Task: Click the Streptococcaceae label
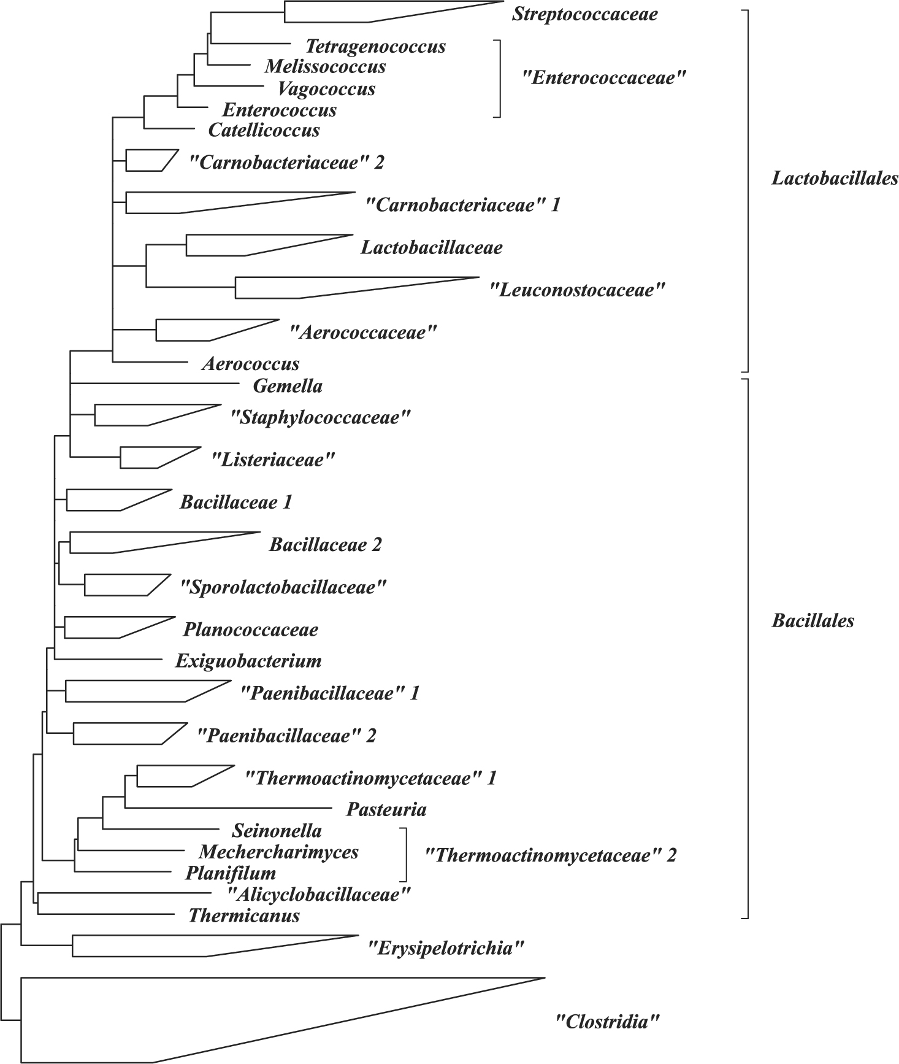[584, 14]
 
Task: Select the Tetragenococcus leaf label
[375, 46]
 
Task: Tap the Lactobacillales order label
[835, 179]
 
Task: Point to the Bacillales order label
[813, 620]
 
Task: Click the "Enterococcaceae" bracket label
[603, 78]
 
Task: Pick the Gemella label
[287, 386]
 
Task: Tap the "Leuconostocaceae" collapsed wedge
[319, 287]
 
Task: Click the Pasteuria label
[386, 809]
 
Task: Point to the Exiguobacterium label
[248, 661]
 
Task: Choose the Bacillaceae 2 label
[325, 544]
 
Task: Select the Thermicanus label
[244, 916]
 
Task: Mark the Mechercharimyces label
[278, 852]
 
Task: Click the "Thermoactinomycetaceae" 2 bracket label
[551, 855]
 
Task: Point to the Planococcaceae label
[251, 630]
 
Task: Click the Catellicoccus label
[264, 130]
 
